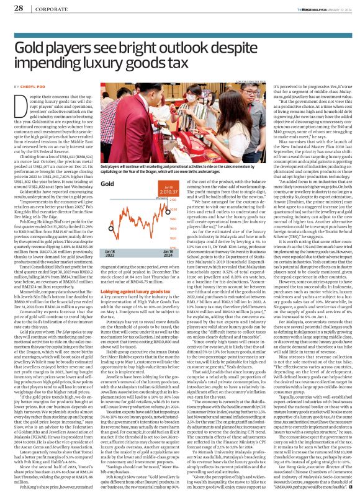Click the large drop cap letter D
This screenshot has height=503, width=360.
point(20,104)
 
